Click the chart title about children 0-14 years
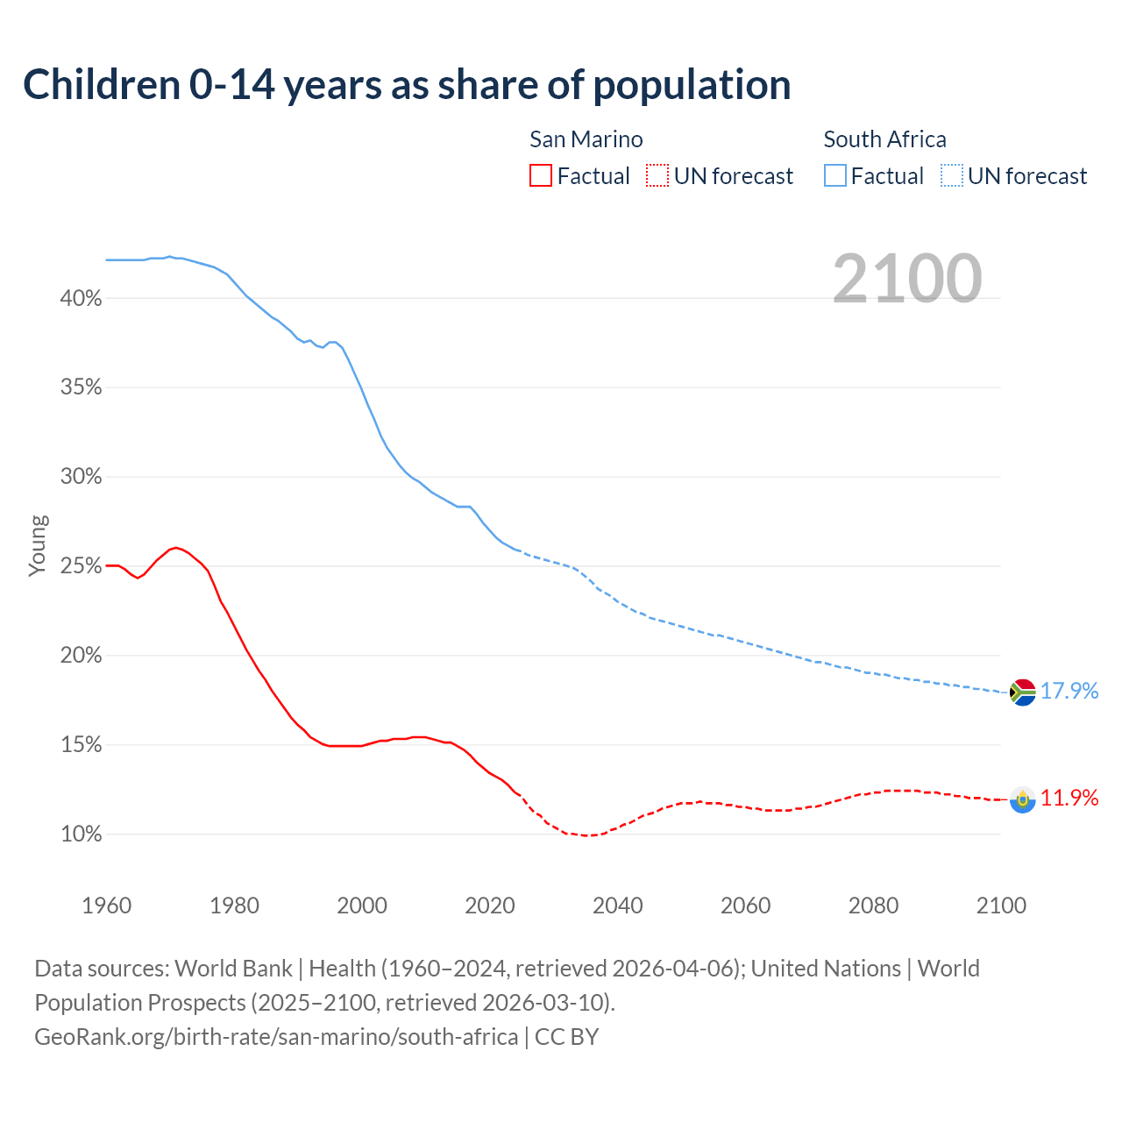click(x=407, y=85)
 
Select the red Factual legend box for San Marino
click(x=541, y=176)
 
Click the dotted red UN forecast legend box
click(x=657, y=176)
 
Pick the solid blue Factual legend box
click(x=834, y=176)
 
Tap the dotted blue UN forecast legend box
click(x=951, y=176)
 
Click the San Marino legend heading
click(x=586, y=139)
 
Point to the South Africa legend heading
click(x=884, y=139)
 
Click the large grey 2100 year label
click(x=907, y=279)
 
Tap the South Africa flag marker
click(x=1022, y=692)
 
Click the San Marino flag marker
click(x=1022, y=799)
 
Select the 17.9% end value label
click(x=1069, y=691)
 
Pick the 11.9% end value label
click(x=1069, y=798)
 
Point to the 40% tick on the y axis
click(x=81, y=299)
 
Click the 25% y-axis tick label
click(x=81, y=566)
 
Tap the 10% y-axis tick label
click(x=81, y=834)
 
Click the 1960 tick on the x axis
click(x=106, y=905)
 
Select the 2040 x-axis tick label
click(x=617, y=905)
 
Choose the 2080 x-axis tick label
click(x=873, y=905)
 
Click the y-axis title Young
click(x=38, y=545)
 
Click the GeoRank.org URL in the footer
click(x=276, y=1037)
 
